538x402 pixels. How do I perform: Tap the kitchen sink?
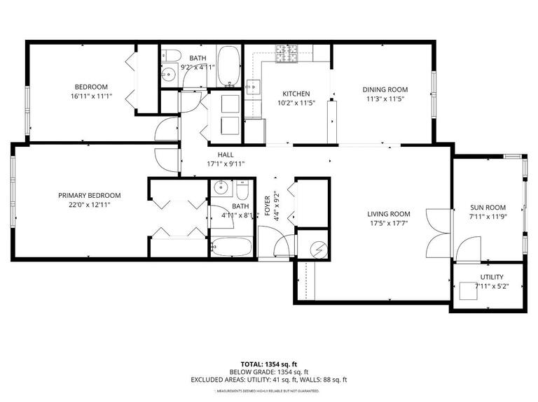pyautogui.click(x=252, y=86)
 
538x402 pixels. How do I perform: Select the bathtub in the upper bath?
pyautogui.click(x=228, y=66)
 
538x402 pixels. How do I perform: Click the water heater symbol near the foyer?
pyautogui.click(x=319, y=247)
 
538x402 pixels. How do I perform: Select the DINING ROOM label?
pyautogui.click(x=385, y=89)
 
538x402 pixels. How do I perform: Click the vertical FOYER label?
pyautogui.click(x=267, y=206)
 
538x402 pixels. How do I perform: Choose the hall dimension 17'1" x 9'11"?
pyautogui.click(x=225, y=164)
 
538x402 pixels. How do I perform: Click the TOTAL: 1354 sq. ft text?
pyautogui.click(x=269, y=364)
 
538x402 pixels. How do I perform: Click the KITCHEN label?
pyautogui.click(x=296, y=94)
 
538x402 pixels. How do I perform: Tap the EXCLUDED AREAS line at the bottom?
pyautogui.click(x=269, y=380)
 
